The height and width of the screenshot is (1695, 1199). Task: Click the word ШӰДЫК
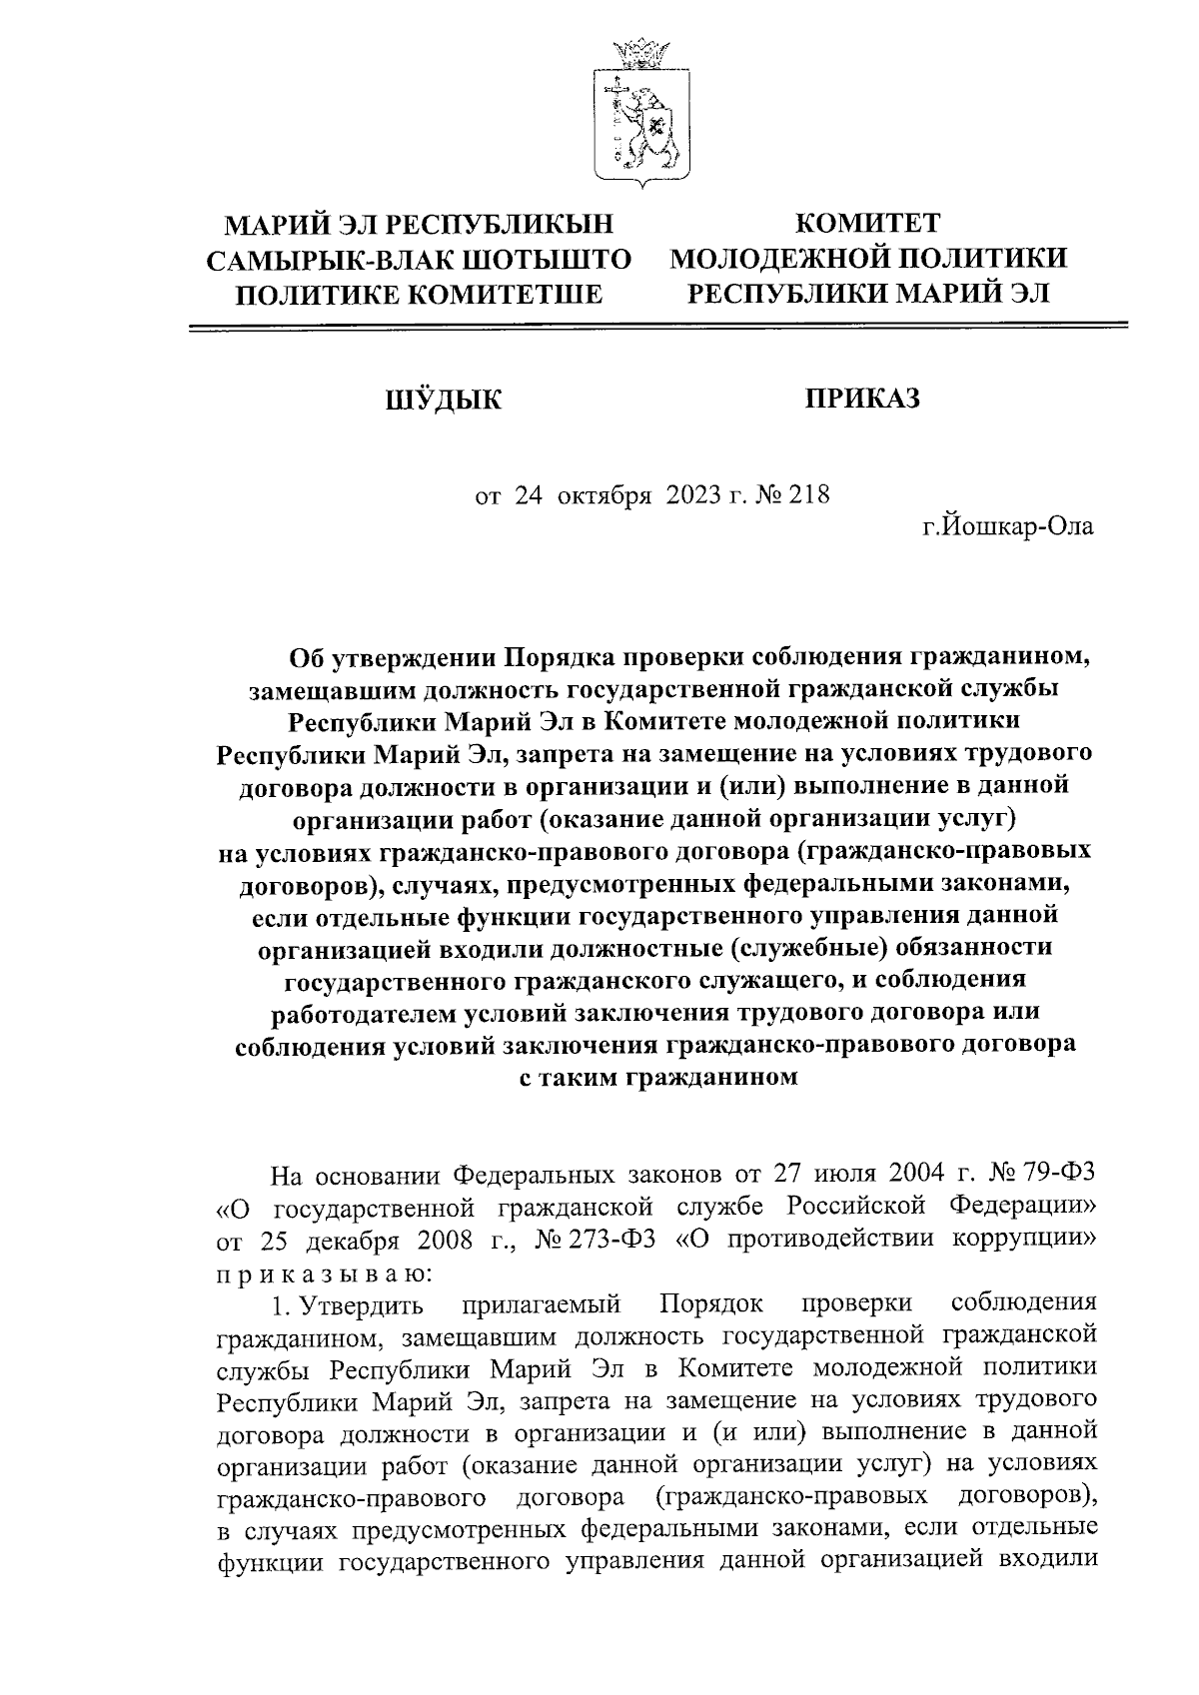(x=444, y=401)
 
